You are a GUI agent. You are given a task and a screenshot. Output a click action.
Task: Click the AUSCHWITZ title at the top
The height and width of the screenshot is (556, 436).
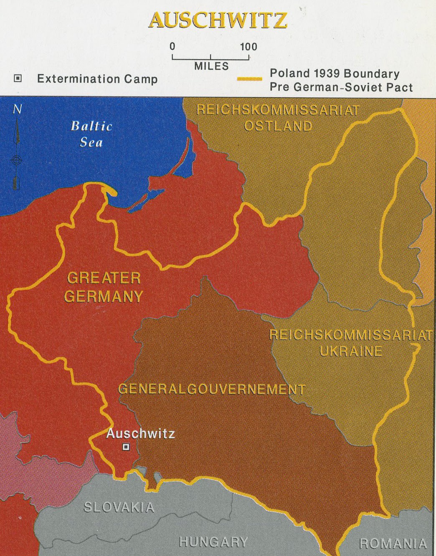(x=218, y=20)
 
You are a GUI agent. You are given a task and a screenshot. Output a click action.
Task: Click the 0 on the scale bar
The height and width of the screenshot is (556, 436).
(x=172, y=46)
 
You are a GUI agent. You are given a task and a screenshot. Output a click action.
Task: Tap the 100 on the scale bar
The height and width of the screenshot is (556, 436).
(x=248, y=46)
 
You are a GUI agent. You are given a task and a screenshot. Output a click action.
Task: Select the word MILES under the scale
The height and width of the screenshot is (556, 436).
(x=211, y=66)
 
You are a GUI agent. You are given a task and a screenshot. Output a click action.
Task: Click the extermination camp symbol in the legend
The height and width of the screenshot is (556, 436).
(x=18, y=78)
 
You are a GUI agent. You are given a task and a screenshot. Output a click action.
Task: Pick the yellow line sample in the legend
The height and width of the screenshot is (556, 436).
(x=249, y=78)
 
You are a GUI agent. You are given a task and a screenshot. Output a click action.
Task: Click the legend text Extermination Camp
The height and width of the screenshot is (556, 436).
(x=97, y=79)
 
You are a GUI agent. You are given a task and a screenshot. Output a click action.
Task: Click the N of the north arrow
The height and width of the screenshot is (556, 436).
(x=17, y=109)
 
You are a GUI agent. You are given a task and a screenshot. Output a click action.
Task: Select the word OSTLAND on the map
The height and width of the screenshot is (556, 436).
(x=278, y=126)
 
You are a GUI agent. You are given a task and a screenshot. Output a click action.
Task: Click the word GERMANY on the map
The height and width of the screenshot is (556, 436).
(x=104, y=296)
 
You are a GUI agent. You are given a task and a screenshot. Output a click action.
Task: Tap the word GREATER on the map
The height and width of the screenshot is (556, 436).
(x=104, y=278)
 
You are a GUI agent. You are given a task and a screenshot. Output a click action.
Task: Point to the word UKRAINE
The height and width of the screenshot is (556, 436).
(x=351, y=351)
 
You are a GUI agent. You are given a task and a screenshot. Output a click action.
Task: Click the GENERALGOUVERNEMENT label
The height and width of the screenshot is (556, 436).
(x=212, y=389)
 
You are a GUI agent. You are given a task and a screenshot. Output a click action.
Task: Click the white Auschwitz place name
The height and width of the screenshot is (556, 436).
(x=140, y=434)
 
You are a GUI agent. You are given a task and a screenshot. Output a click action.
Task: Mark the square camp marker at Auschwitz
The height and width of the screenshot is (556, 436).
(x=126, y=447)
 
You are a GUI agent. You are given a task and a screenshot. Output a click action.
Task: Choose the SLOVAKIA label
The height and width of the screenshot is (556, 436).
(x=119, y=507)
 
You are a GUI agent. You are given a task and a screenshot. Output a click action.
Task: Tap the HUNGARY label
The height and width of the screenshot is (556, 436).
(x=213, y=542)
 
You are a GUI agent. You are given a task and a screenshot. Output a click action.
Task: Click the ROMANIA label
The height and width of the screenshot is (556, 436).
(x=393, y=543)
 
